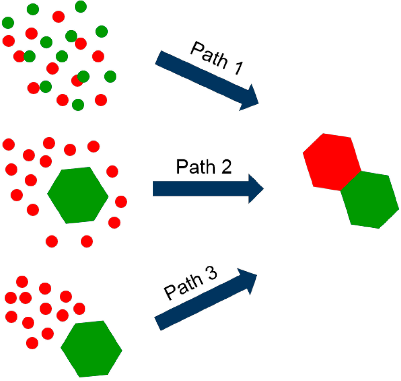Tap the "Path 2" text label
click(204, 168)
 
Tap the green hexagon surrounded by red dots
click(78, 195)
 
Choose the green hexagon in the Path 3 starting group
click(92, 348)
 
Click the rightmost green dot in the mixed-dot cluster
click(110, 76)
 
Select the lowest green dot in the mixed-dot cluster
click(78, 105)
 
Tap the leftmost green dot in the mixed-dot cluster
click(8, 23)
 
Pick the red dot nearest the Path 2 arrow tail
click(121, 201)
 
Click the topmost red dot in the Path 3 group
click(22, 281)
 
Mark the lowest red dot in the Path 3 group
click(32, 343)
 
